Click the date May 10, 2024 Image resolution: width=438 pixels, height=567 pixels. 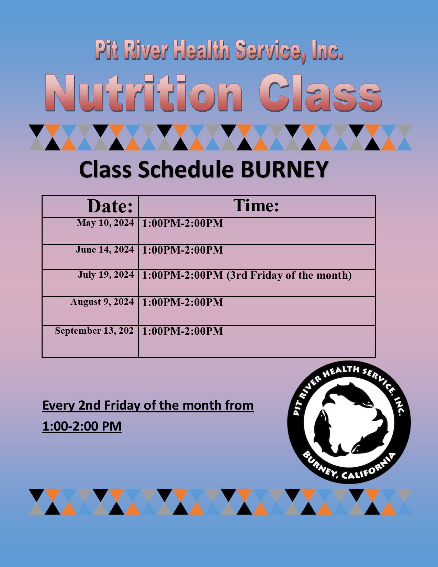click(105, 223)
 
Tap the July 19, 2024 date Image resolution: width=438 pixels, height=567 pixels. click(106, 275)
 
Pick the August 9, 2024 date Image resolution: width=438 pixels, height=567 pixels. click(102, 302)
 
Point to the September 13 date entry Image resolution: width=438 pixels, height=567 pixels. click(94, 331)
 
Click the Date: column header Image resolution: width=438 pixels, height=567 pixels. click(110, 206)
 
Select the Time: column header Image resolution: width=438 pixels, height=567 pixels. click(256, 205)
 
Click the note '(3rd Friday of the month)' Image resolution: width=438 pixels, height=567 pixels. click(289, 275)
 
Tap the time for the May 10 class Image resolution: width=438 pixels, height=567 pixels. click(183, 223)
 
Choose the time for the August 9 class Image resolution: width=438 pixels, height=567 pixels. click(183, 302)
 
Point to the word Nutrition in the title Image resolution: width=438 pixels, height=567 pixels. click(144, 93)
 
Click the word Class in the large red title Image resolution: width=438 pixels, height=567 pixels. click(321, 93)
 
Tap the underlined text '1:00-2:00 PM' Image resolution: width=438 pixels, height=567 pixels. click(82, 426)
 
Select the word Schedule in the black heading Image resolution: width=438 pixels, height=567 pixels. click(186, 169)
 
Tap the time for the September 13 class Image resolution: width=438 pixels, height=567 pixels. click(183, 331)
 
